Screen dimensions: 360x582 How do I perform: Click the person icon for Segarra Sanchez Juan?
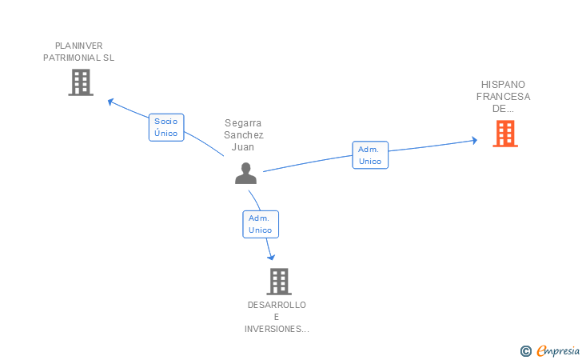(245, 173)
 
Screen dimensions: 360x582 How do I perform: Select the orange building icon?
(505, 134)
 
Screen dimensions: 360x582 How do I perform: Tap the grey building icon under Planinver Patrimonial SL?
(81, 82)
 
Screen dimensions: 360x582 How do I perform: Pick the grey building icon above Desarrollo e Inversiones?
(278, 282)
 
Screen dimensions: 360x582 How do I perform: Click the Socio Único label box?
(166, 127)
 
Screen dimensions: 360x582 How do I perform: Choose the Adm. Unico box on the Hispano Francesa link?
(370, 155)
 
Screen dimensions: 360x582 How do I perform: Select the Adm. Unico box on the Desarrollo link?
(261, 224)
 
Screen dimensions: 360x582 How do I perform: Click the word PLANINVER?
(78, 46)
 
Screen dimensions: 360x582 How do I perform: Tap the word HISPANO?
(504, 84)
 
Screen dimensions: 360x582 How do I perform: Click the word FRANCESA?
(504, 97)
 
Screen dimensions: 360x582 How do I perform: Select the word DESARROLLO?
(277, 305)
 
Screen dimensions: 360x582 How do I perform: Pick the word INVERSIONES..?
(275, 329)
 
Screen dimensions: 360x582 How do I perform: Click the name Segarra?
(244, 123)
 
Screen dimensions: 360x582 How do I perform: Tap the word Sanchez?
(244, 135)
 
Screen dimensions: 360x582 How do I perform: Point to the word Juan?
(244, 147)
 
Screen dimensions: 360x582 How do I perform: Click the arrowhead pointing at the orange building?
(473, 141)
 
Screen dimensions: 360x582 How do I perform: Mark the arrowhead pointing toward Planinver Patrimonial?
(111, 102)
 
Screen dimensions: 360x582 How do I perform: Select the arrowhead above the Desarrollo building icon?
(272, 257)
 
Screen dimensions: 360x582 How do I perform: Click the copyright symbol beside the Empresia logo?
(525, 350)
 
